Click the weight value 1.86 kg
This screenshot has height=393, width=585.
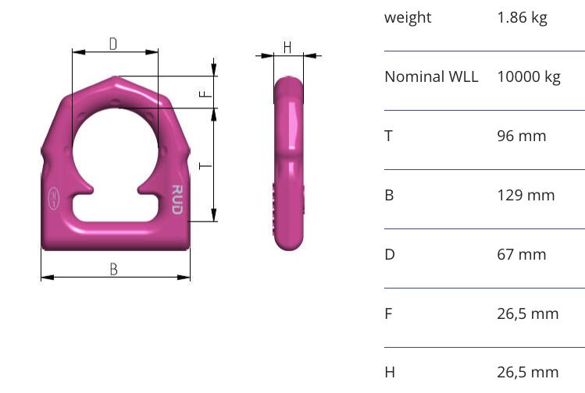[x=522, y=18]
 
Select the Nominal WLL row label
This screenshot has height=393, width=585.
[x=431, y=77]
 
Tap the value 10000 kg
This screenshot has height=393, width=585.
[x=528, y=77]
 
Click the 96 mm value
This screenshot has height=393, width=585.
[x=521, y=136]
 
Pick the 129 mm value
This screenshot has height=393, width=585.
[x=526, y=196]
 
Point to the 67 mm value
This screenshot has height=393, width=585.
[x=521, y=255]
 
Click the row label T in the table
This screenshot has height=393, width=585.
[x=388, y=136]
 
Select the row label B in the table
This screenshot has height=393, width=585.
[x=389, y=196]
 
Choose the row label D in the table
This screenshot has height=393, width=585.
[x=389, y=255]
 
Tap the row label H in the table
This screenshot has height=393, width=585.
[x=389, y=373]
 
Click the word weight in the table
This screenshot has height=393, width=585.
[x=407, y=18]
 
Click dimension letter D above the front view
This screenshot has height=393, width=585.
[x=113, y=44]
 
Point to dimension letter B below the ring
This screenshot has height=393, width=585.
[x=114, y=269]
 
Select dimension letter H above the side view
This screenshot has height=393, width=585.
[x=287, y=48]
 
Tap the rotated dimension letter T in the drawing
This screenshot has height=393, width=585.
[x=204, y=165]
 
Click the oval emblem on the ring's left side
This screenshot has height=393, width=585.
[x=53, y=197]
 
